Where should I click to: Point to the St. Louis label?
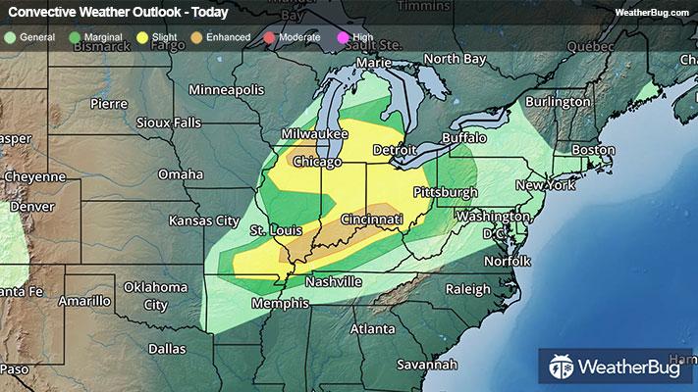point(273,230)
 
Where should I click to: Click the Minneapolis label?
point(227,89)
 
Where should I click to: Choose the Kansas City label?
point(204,220)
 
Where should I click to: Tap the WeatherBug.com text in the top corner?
point(652,12)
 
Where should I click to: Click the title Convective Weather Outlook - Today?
point(117,13)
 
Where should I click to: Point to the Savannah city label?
point(429,364)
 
